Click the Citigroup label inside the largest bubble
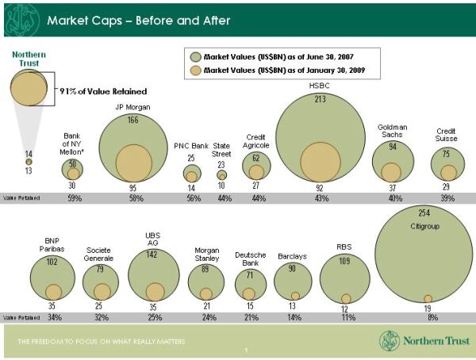(x=424, y=226)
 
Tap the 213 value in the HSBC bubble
(x=321, y=100)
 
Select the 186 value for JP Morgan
(x=132, y=120)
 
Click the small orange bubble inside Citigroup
(x=428, y=298)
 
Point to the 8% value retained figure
(x=432, y=317)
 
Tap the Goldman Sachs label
(x=392, y=131)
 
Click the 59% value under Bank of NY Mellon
(x=75, y=198)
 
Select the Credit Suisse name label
(x=447, y=134)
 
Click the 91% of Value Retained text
(x=94, y=91)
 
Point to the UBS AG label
(x=153, y=239)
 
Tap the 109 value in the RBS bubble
(x=344, y=260)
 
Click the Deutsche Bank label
(x=249, y=259)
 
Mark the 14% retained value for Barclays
(x=294, y=317)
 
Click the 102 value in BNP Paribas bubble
(x=52, y=262)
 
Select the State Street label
(x=221, y=150)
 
